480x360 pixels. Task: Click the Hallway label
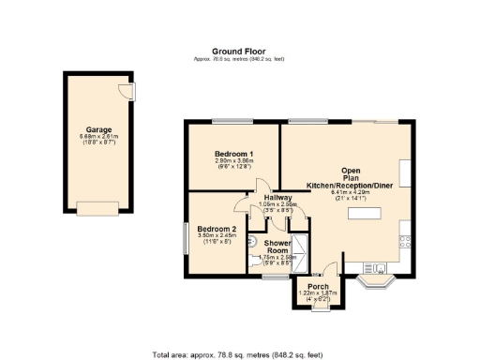click(277, 198)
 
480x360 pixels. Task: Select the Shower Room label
click(277, 247)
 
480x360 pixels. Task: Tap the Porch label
click(312, 287)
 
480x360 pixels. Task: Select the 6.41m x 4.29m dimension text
click(355, 193)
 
